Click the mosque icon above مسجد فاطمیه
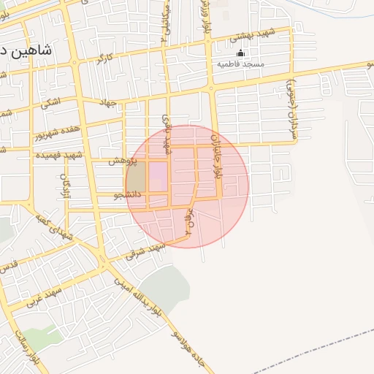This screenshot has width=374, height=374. tap(240, 53)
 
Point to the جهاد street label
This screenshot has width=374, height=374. tap(108, 104)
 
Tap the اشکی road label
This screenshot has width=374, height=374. tap(50, 102)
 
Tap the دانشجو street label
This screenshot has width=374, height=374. tap(127, 196)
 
